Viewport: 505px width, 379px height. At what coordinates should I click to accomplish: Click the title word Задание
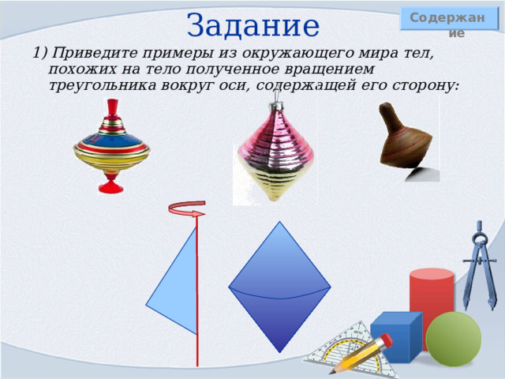point(252,26)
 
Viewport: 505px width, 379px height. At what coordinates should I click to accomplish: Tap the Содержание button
point(449,19)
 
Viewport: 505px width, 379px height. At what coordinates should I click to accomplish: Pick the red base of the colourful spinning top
point(110,183)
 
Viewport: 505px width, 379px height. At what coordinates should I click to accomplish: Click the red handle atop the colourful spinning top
point(112,108)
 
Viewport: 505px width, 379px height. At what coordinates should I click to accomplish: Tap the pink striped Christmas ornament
point(275,152)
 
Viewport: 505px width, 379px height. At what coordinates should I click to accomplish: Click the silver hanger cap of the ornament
point(275,106)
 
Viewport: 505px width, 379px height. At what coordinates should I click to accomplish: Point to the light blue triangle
point(175,283)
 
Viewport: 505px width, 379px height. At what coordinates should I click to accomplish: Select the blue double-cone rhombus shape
point(279,287)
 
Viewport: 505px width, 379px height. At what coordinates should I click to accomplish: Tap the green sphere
point(454,339)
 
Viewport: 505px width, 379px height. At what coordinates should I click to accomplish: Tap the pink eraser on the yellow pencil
point(385,340)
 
